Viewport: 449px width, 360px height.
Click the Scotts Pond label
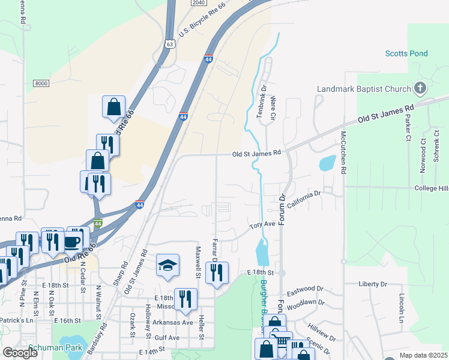pyautogui.click(x=406, y=54)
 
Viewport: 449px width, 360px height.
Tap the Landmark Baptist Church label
pyautogui.click(x=364, y=89)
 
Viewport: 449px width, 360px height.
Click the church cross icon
pyautogui.click(x=420, y=89)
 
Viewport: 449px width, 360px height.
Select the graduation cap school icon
pyautogui.click(x=167, y=265)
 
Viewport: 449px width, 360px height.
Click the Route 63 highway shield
pyautogui.click(x=170, y=44)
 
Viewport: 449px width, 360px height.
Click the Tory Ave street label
pyautogui.click(x=262, y=224)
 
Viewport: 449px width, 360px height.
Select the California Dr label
pyautogui.click(x=304, y=199)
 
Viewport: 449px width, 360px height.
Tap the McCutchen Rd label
pyautogui.click(x=343, y=152)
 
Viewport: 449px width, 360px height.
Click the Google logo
pyautogui.click(x=20, y=353)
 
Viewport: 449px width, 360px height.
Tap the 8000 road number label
pyautogui.click(x=41, y=83)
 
